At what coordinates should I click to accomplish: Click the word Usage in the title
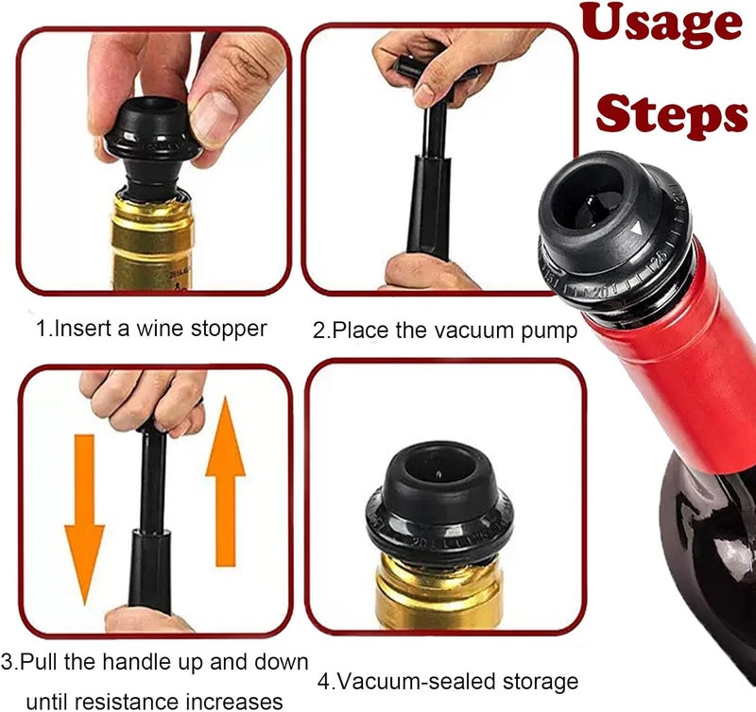(661, 25)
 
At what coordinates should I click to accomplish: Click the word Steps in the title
(672, 114)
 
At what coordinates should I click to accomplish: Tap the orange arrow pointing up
(225, 481)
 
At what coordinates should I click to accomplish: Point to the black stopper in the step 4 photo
(438, 502)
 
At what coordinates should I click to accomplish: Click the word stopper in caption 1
(229, 329)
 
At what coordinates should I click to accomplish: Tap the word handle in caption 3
(133, 662)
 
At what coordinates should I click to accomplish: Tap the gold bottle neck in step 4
(438, 594)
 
